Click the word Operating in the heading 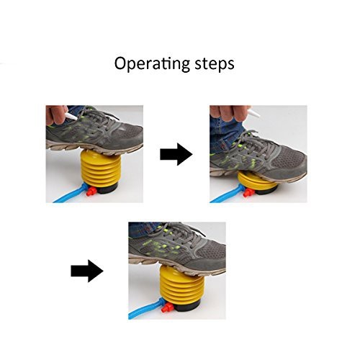(152, 63)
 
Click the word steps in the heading (215, 64)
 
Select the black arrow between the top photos (176, 154)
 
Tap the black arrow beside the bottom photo (87, 271)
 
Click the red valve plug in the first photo (91, 192)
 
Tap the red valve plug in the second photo (248, 192)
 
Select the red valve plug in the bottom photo (167, 307)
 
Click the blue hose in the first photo (71, 193)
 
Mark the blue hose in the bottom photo (146, 310)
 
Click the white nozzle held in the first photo (71, 116)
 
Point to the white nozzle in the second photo (253, 112)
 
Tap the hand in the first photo (55, 114)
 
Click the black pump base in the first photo (108, 189)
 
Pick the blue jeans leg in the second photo (225, 135)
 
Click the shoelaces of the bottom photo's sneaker (178, 232)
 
